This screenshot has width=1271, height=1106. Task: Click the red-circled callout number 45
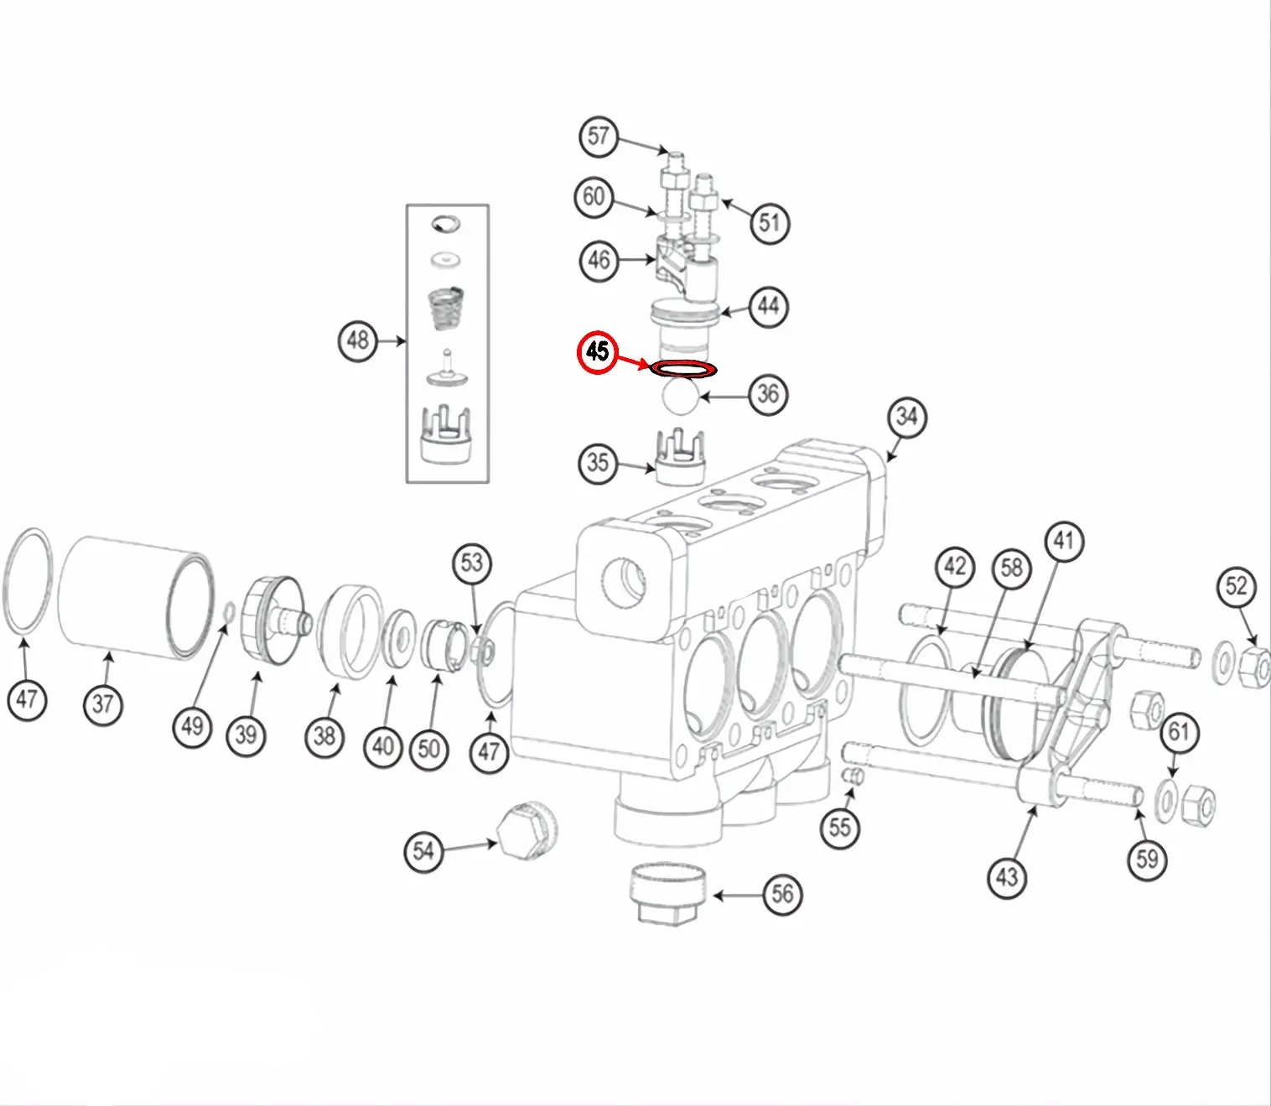[597, 351]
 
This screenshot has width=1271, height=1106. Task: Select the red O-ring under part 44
[683, 368]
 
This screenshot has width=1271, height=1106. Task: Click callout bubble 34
[907, 417]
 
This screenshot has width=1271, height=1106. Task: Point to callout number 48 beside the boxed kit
[358, 340]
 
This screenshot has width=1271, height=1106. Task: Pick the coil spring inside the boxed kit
[446, 310]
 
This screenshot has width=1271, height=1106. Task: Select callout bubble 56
[782, 894]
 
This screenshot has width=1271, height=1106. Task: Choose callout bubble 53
[472, 563]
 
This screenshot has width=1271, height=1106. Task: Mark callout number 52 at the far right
[1237, 586]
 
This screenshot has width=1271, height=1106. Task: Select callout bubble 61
[1179, 733]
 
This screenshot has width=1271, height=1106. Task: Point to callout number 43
[1006, 877]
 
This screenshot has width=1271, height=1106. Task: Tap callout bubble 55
[840, 828]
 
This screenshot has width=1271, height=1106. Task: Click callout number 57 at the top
[599, 137]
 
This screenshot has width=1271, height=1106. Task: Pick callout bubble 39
[246, 735]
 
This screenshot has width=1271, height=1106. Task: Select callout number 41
[1064, 542]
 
